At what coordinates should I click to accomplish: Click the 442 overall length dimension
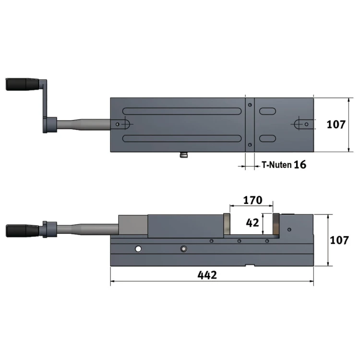[207, 276]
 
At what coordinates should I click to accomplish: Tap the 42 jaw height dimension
[252, 223]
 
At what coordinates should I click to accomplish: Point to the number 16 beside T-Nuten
[300, 165]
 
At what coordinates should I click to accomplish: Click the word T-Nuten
[276, 165]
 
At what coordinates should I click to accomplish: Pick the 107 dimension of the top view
[336, 124]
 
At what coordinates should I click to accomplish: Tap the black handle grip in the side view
[22, 230]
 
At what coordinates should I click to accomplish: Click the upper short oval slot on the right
[267, 111]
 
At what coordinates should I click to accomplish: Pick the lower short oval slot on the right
[267, 139]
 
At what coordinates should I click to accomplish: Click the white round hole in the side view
[138, 249]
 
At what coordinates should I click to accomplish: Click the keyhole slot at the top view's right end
[300, 124]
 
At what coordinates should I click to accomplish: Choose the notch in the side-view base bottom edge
[250, 264]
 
